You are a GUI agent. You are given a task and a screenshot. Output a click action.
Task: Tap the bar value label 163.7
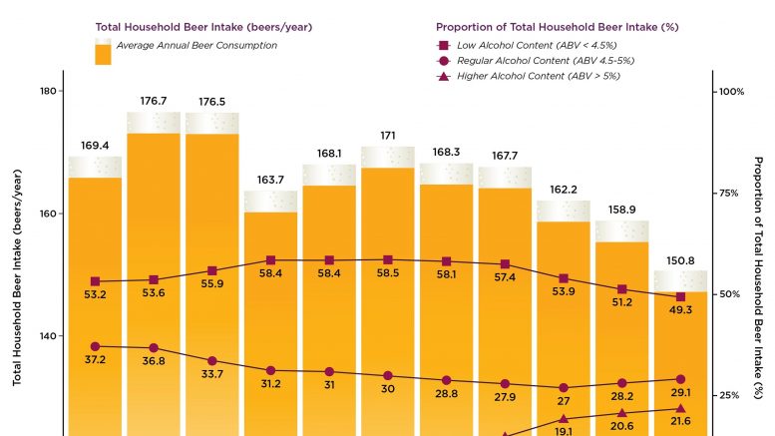(270, 181)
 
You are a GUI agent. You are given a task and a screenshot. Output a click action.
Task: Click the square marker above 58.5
(388, 259)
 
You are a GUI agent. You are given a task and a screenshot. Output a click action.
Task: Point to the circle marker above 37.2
(96, 346)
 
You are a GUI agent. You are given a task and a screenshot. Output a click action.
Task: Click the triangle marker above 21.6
(680, 408)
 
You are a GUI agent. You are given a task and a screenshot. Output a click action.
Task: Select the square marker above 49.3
(680, 296)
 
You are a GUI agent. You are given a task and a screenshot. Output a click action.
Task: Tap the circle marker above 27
(564, 387)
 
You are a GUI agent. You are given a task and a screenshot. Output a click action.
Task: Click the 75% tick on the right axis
(732, 193)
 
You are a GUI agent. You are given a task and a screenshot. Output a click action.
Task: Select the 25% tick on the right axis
(732, 395)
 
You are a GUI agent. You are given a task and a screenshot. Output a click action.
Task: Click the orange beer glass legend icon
(103, 53)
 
